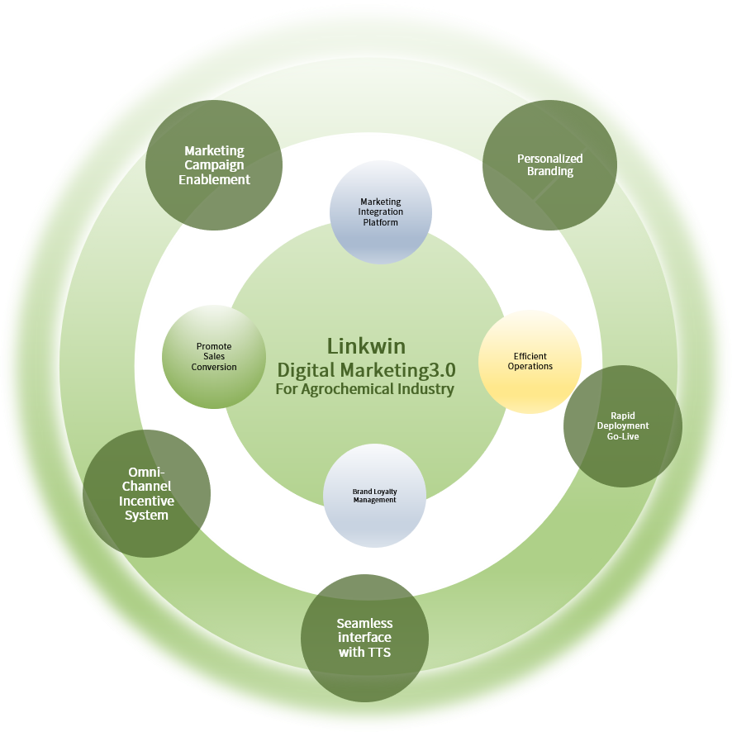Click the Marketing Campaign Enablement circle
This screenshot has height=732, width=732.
[x=214, y=164]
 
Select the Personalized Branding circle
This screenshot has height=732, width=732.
[x=549, y=164]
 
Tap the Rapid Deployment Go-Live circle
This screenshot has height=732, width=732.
[x=623, y=426]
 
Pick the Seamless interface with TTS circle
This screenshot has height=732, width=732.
[x=364, y=638]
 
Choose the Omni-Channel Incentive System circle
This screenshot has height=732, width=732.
[x=146, y=493]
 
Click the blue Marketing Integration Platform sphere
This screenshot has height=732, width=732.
[x=381, y=212]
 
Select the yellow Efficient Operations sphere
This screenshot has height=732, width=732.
[x=530, y=362]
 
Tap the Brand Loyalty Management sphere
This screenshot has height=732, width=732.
[x=374, y=496]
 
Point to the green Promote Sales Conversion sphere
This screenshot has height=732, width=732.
[x=214, y=357]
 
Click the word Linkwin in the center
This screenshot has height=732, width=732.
[x=366, y=346]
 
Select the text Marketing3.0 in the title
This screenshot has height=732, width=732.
[x=397, y=370]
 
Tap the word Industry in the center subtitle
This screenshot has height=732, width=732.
[x=429, y=389]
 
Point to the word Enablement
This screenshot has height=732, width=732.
[x=214, y=180]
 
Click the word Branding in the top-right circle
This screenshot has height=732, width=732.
[x=550, y=171]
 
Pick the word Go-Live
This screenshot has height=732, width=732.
[x=623, y=436]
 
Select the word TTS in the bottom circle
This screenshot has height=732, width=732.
[x=378, y=652]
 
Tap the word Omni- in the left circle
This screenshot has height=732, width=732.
[x=146, y=472]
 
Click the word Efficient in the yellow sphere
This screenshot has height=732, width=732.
[x=530, y=356]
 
